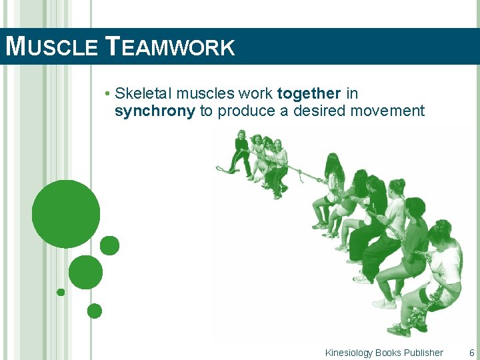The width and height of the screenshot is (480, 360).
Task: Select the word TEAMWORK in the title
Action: pyautogui.click(x=170, y=47)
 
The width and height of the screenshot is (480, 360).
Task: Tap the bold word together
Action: pyautogui.click(x=309, y=93)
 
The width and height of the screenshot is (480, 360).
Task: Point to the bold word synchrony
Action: pyautogui.click(x=155, y=111)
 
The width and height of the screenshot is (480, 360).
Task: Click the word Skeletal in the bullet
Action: pyautogui.click(x=143, y=93)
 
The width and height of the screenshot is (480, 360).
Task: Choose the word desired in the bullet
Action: pyautogui.click(x=308, y=111)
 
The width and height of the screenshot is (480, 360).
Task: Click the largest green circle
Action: pyautogui.click(x=65, y=214)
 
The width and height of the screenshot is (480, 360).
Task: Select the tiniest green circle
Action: pyautogui.click(x=61, y=292)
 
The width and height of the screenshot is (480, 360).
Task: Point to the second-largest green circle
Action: pyautogui.click(x=85, y=272)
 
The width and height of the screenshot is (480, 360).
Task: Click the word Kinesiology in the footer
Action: pyautogui.click(x=349, y=353)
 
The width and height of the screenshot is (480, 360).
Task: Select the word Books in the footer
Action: pyautogui.click(x=388, y=353)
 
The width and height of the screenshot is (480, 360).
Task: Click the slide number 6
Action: pyautogui.click(x=472, y=353)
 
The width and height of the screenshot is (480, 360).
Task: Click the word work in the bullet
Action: pyautogui.click(x=257, y=93)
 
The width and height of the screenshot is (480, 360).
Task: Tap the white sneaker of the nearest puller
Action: pyautogui.click(x=399, y=329)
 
